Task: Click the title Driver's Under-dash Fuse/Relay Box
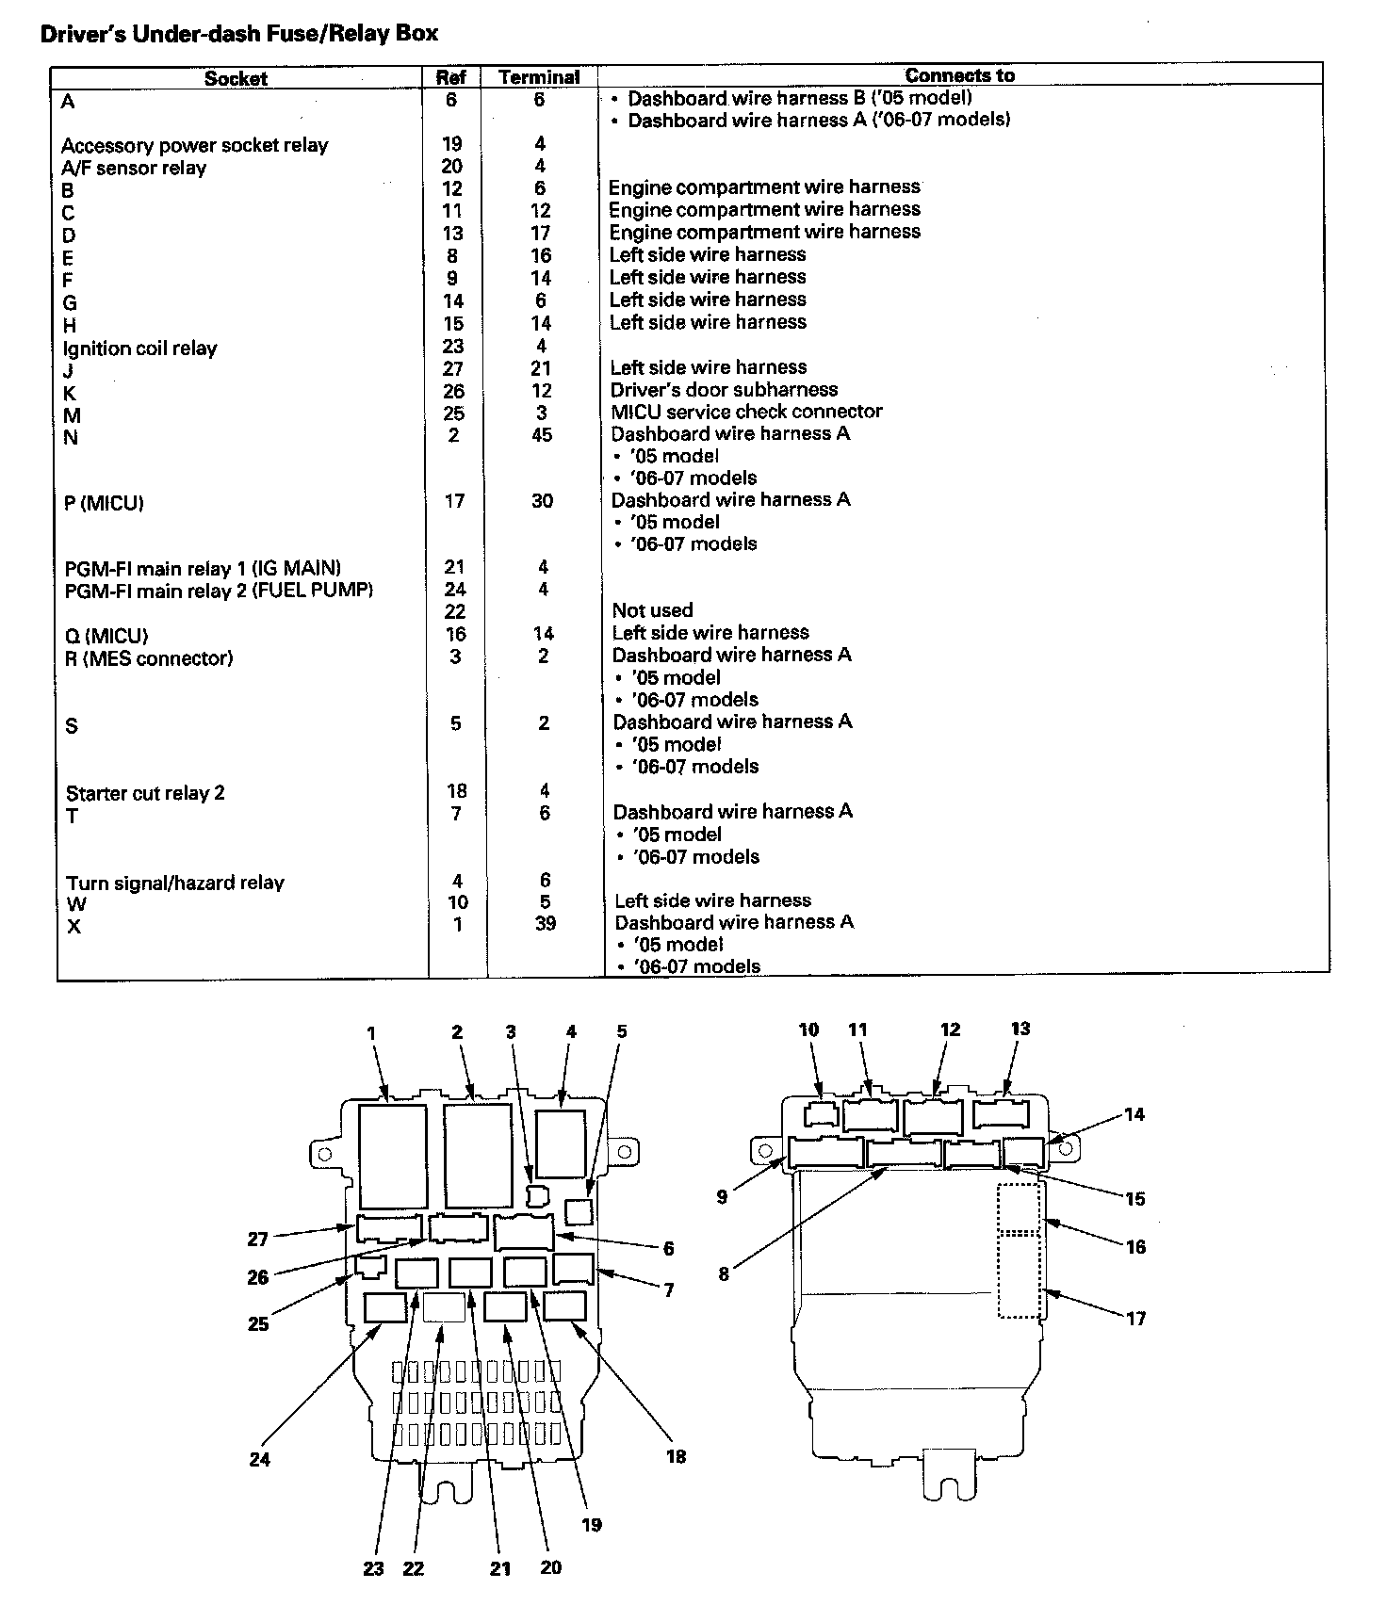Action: coord(239,35)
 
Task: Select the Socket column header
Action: coord(236,78)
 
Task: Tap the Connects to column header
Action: coord(959,75)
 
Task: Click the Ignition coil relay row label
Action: coord(139,349)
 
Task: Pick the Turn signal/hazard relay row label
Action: coord(174,883)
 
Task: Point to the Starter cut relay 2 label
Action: coord(145,793)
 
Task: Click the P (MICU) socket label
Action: coord(104,503)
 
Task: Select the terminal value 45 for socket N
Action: coord(542,435)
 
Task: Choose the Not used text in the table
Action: coord(652,610)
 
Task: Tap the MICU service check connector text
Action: coord(746,412)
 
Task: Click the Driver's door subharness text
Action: coord(724,389)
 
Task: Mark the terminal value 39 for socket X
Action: coord(545,924)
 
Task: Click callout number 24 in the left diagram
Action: coord(260,1459)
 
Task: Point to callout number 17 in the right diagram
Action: coord(1136,1319)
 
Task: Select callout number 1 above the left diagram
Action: coord(371,1033)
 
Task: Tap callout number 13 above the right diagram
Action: coord(1020,1029)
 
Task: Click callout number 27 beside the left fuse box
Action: coord(257,1240)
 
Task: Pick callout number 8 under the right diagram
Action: coord(724,1274)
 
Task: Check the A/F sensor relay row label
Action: coord(134,168)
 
